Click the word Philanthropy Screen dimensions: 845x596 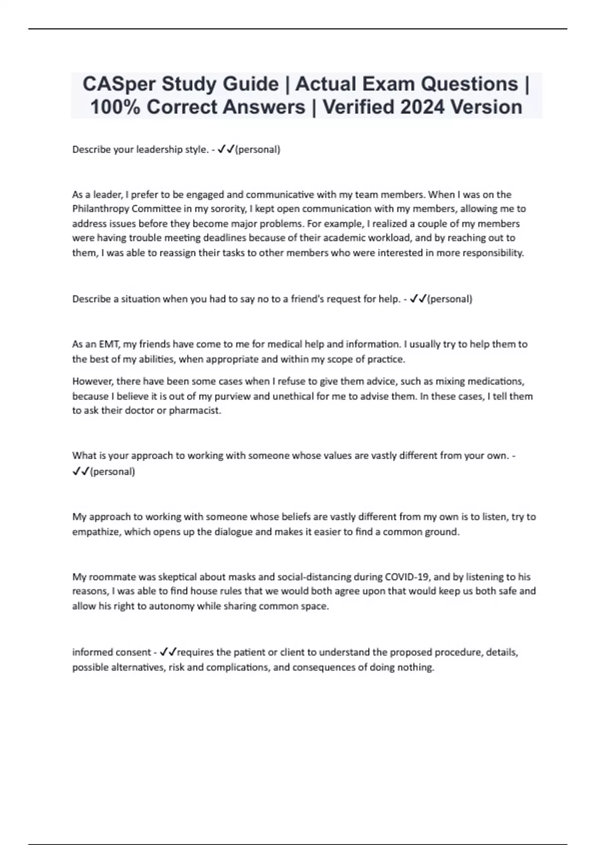100,209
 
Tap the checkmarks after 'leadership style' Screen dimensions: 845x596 226,149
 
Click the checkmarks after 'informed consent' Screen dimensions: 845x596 168,652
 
